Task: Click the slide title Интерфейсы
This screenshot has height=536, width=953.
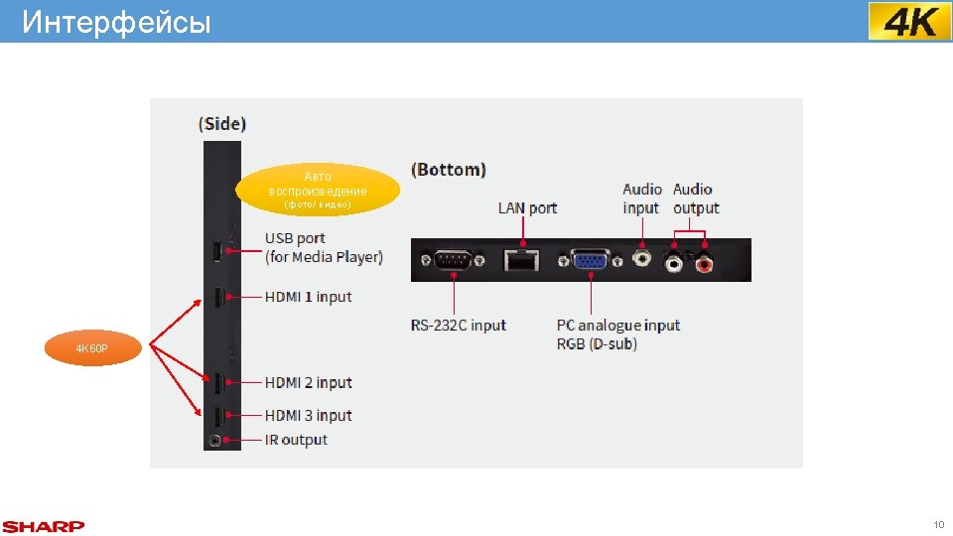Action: coord(116,22)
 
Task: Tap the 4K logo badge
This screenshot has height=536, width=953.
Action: coord(909,21)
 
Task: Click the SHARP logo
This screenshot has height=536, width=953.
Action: coord(44,526)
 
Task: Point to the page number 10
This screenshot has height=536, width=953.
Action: coord(938,524)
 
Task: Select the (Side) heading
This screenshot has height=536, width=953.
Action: coord(222,124)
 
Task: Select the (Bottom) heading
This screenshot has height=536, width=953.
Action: coord(449,170)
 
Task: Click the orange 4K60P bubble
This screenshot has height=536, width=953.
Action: coord(96,349)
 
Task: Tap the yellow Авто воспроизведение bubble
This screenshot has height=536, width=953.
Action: coord(318,189)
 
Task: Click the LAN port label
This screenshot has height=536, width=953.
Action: coord(527,207)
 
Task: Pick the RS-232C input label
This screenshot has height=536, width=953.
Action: coord(459,325)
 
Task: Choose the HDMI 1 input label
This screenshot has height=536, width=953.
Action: coord(308,297)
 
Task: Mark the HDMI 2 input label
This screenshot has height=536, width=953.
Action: coord(308,383)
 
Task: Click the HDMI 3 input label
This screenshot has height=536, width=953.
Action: coord(308,416)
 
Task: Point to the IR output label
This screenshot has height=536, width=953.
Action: coord(296,440)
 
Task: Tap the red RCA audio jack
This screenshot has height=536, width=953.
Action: coord(705,264)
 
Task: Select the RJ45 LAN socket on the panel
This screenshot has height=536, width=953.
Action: coord(521,260)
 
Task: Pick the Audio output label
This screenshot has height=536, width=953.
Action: coord(695,199)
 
